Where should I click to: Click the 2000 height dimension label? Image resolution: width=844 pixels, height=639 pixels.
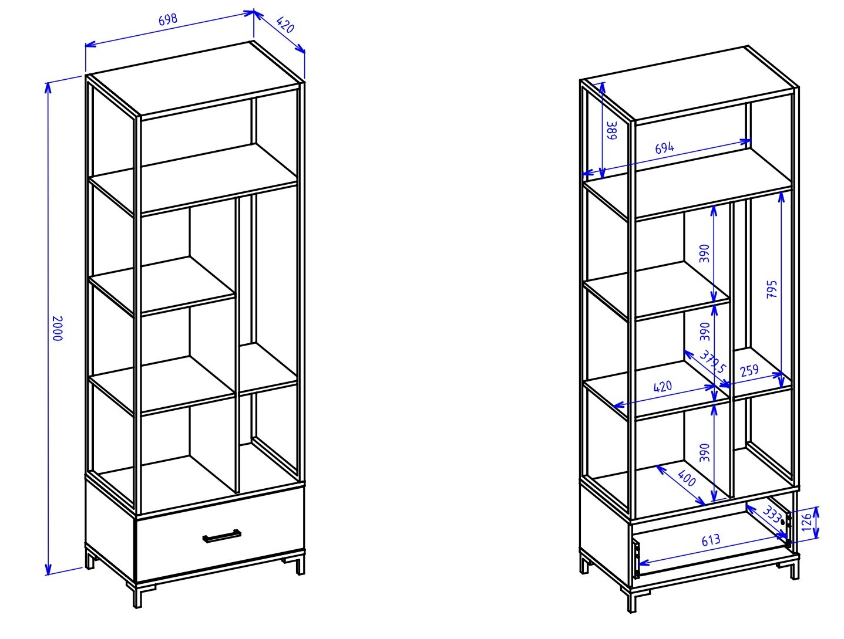coord(57,329)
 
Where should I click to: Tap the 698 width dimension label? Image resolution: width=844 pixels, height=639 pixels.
coord(168,20)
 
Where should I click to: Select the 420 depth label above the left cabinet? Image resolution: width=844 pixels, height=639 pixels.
coord(285,25)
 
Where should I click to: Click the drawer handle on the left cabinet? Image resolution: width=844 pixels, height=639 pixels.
coord(221,536)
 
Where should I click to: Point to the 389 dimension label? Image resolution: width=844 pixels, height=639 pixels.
coord(612,131)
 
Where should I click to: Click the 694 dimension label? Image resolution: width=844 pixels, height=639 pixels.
coord(664,148)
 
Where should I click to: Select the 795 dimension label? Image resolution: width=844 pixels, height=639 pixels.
coord(772,289)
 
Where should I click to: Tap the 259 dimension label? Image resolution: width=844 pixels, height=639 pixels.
coord(749,371)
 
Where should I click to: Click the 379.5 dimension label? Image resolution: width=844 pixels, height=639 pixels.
coord(712,361)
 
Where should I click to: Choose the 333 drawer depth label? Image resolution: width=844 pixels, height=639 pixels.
coord(772,514)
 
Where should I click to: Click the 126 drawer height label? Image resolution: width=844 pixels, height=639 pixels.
coord(806,522)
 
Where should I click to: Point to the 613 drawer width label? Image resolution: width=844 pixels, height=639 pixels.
coord(711,540)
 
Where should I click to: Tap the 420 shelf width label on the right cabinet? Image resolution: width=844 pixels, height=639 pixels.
coord(663,387)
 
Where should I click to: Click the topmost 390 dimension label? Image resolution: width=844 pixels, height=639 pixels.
coord(704,253)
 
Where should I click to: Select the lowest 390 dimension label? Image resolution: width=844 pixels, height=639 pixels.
coord(704,453)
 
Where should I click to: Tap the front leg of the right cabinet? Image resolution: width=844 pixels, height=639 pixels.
coord(632,600)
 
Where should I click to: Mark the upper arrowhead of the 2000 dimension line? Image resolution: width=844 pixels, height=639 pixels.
coord(48,88)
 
